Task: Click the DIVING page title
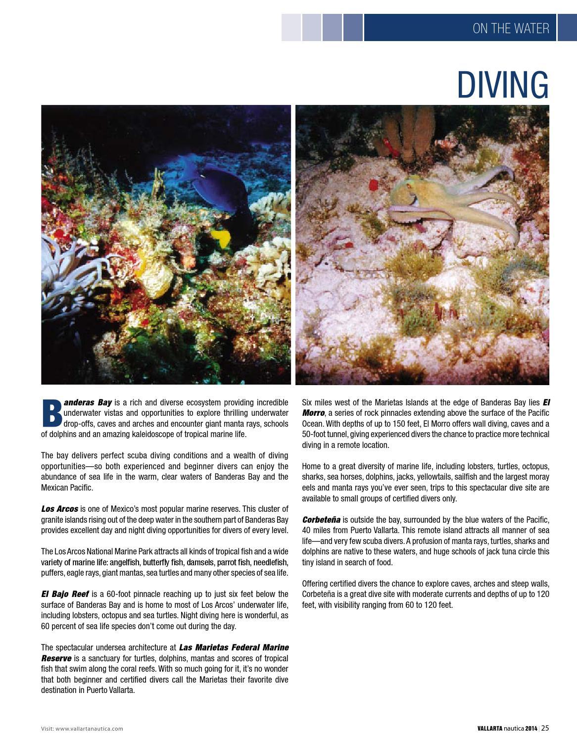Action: [x=502, y=85]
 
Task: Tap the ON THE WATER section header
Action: [x=511, y=28]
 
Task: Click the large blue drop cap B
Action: [x=51, y=413]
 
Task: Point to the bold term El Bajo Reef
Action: [x=65, y=594]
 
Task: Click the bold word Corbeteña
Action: [x=321, y=520]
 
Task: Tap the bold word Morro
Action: [x=313, y=413]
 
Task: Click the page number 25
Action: [x=545, y=728]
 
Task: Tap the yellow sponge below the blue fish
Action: [x=221, y=239]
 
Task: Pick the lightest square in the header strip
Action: [x=291, y=28]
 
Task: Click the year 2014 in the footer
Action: [x=530, y=729]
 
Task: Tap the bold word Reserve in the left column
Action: [x=56, y=658]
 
